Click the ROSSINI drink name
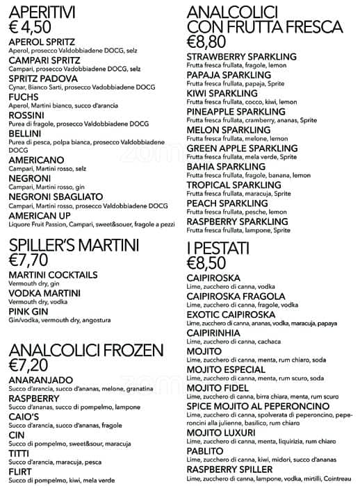point(27,115)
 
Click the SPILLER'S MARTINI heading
point(74,245)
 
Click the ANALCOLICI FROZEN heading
point(86,349)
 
